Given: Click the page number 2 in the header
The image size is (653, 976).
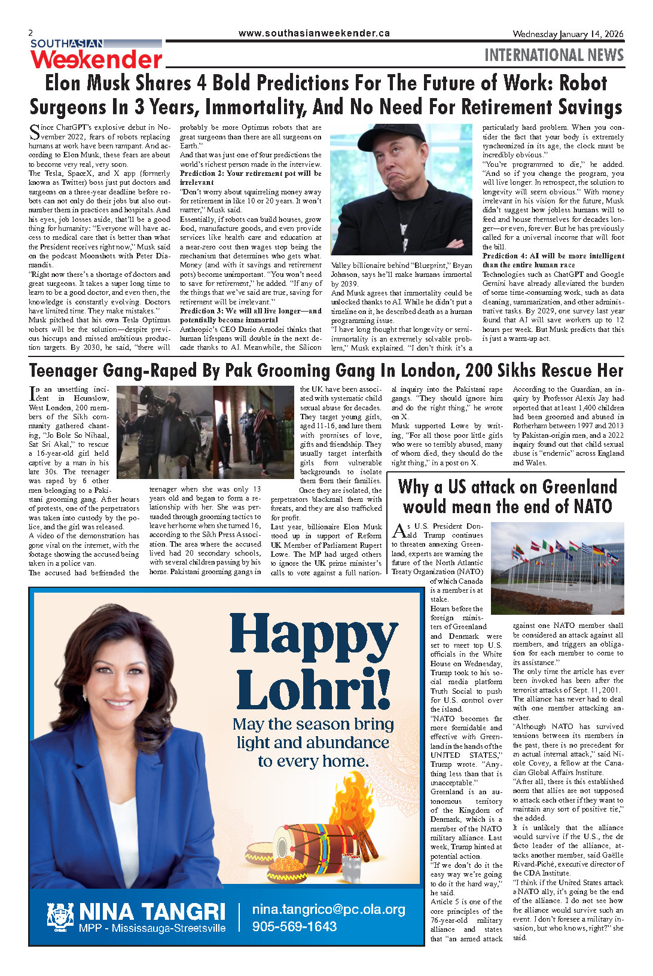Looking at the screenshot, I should [x=31, y=33].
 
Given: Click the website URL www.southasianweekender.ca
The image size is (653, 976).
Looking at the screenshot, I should [x=314, y=33].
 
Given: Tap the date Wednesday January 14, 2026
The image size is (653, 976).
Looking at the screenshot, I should [x=567, y=34].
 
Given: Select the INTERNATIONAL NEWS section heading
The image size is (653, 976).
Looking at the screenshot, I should [x=554, y=55].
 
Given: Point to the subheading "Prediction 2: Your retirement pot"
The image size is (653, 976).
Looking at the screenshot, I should [x=251, y=173].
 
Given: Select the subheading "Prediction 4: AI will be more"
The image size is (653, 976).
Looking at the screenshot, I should [x=553, y=256].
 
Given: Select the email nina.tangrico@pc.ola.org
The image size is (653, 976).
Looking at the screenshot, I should [x=328, y=910].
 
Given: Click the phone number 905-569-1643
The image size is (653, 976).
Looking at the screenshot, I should [x=294, y=926].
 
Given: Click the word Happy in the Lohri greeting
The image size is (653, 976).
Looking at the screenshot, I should [x=313, y=634].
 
